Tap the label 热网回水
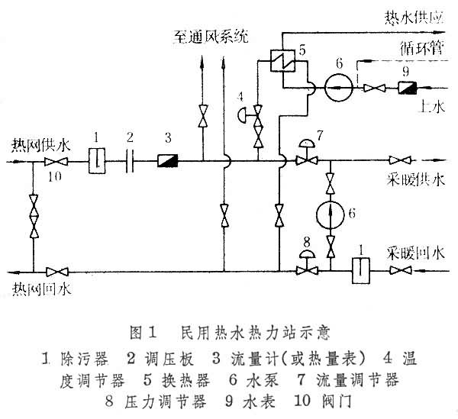point(37,287)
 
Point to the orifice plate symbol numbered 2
point(130,161)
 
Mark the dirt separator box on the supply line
point(95,161)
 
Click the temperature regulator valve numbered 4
point(258,118)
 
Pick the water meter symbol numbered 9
point(406,88)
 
